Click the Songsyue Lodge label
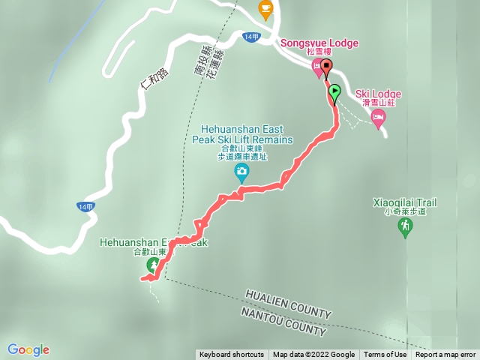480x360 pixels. click(319, 43)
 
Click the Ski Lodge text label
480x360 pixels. click(378, 94)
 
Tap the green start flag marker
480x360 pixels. click(334, 93)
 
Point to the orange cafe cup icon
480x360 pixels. click(265, 9)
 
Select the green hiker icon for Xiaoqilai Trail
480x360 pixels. click(406, 226)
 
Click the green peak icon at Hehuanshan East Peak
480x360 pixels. click(153, 265)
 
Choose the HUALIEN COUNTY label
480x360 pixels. click(288, 304)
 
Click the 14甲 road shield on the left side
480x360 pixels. click(85, 206)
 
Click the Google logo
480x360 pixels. click(28, 349)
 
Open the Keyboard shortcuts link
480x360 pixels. click(231, 355)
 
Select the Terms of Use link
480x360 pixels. click(385, 355)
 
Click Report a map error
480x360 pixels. click(445, 355)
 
